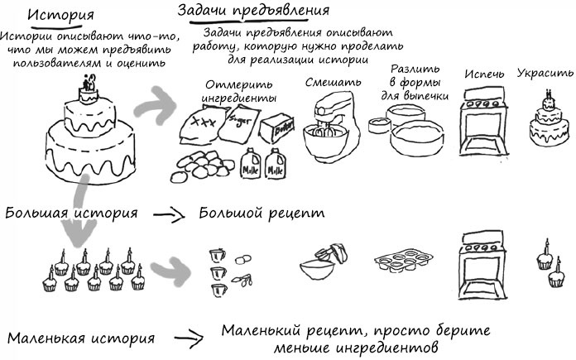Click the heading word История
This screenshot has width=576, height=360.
[x=60, y=17]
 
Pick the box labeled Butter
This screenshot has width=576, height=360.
[x=279, y=128]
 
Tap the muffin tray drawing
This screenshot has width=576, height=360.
[x=403, y=262]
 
